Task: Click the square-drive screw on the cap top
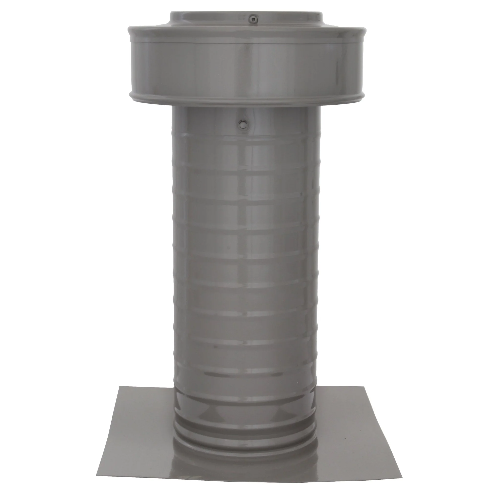click(x=253, y=18)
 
